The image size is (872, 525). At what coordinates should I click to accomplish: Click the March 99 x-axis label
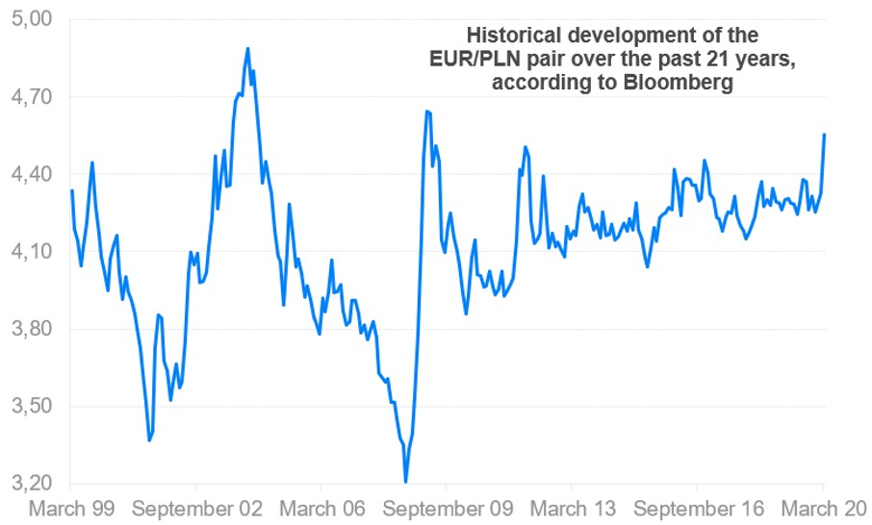(71, 508)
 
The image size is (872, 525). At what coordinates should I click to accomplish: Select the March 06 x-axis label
(323, 508)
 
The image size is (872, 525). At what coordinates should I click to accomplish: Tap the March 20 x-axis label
(825, 508)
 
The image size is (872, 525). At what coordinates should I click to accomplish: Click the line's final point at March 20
(825, 135)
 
